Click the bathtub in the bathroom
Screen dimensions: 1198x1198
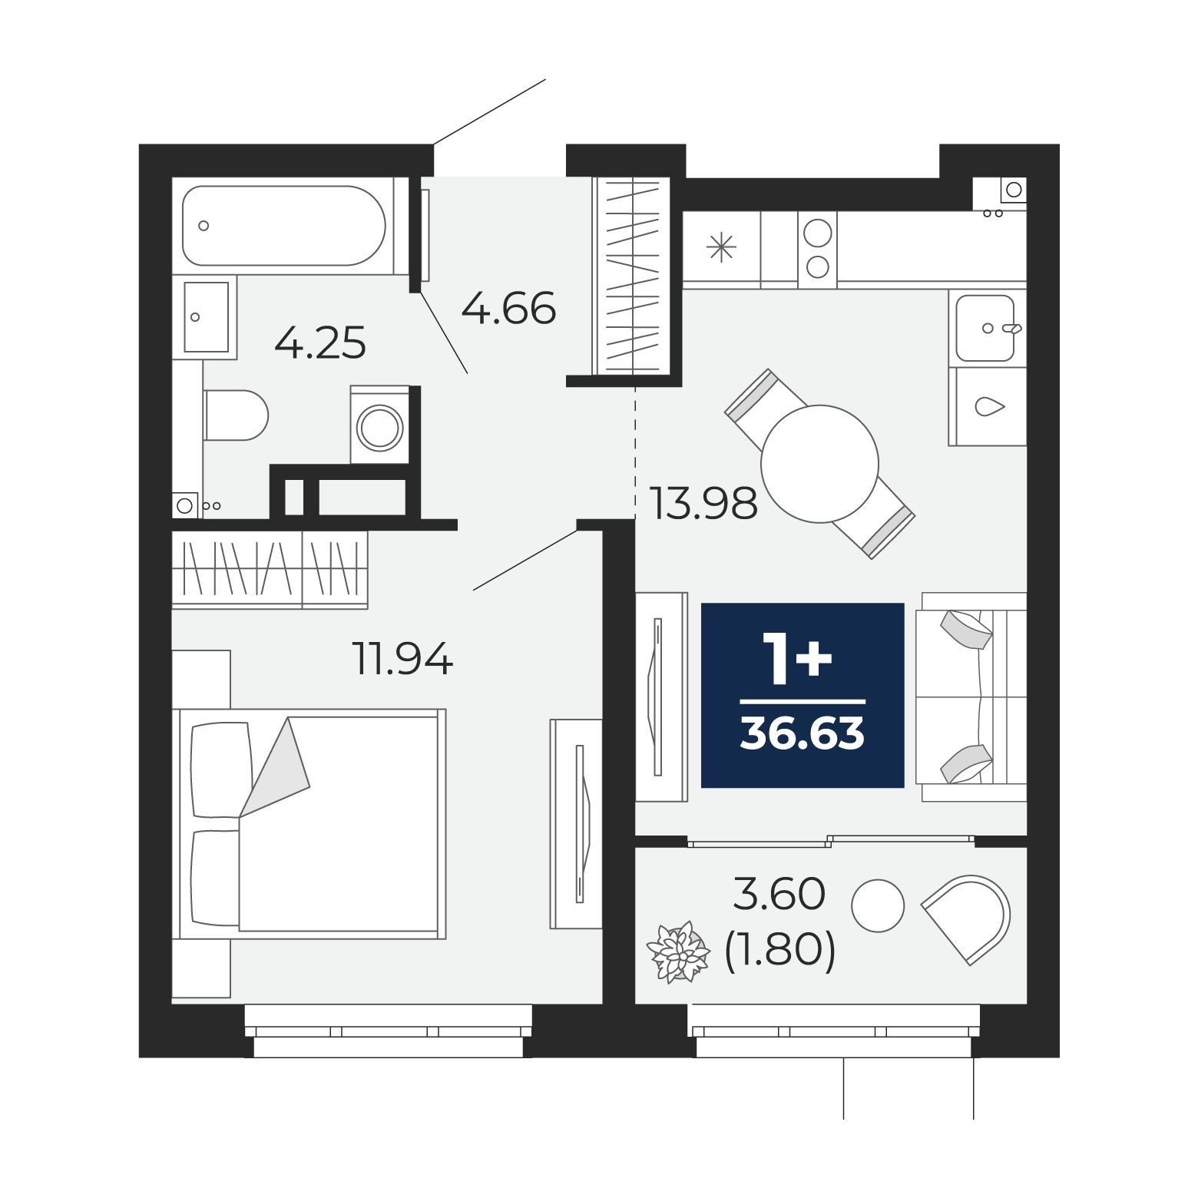tap(283, 226)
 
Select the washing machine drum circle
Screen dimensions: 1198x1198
tap(380, 428)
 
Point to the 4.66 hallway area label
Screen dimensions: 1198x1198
tap(508, 309)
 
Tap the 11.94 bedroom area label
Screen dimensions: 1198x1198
tap(402, 658)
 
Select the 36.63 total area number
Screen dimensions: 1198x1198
tap(803, 735)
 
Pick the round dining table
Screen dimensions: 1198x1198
tap(819, 464)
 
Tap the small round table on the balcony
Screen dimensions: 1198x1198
tap(878, 905)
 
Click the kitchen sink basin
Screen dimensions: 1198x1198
tap(985, 328)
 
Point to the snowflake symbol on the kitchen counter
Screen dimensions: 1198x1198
tap(721, 248)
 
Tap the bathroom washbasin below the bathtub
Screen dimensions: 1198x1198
tap(207, 316)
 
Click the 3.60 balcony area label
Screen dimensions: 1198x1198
tap(779, 895)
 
